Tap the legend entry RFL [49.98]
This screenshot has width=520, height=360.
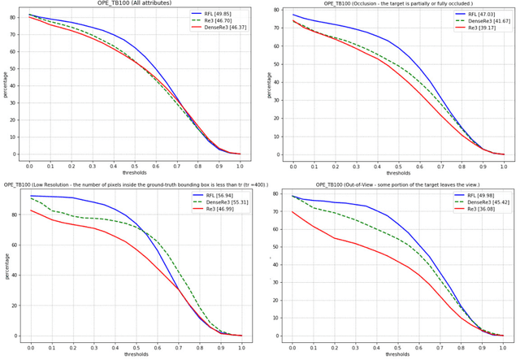pos(486,196)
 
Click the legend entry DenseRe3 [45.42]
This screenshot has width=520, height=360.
pos(486,202)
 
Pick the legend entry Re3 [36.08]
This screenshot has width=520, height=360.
pos(486,210)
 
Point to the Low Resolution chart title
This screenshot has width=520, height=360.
pos(130,185)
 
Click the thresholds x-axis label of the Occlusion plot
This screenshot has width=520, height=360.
pos(398,173)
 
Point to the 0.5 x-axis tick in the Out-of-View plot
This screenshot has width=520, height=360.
pos(398,347)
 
